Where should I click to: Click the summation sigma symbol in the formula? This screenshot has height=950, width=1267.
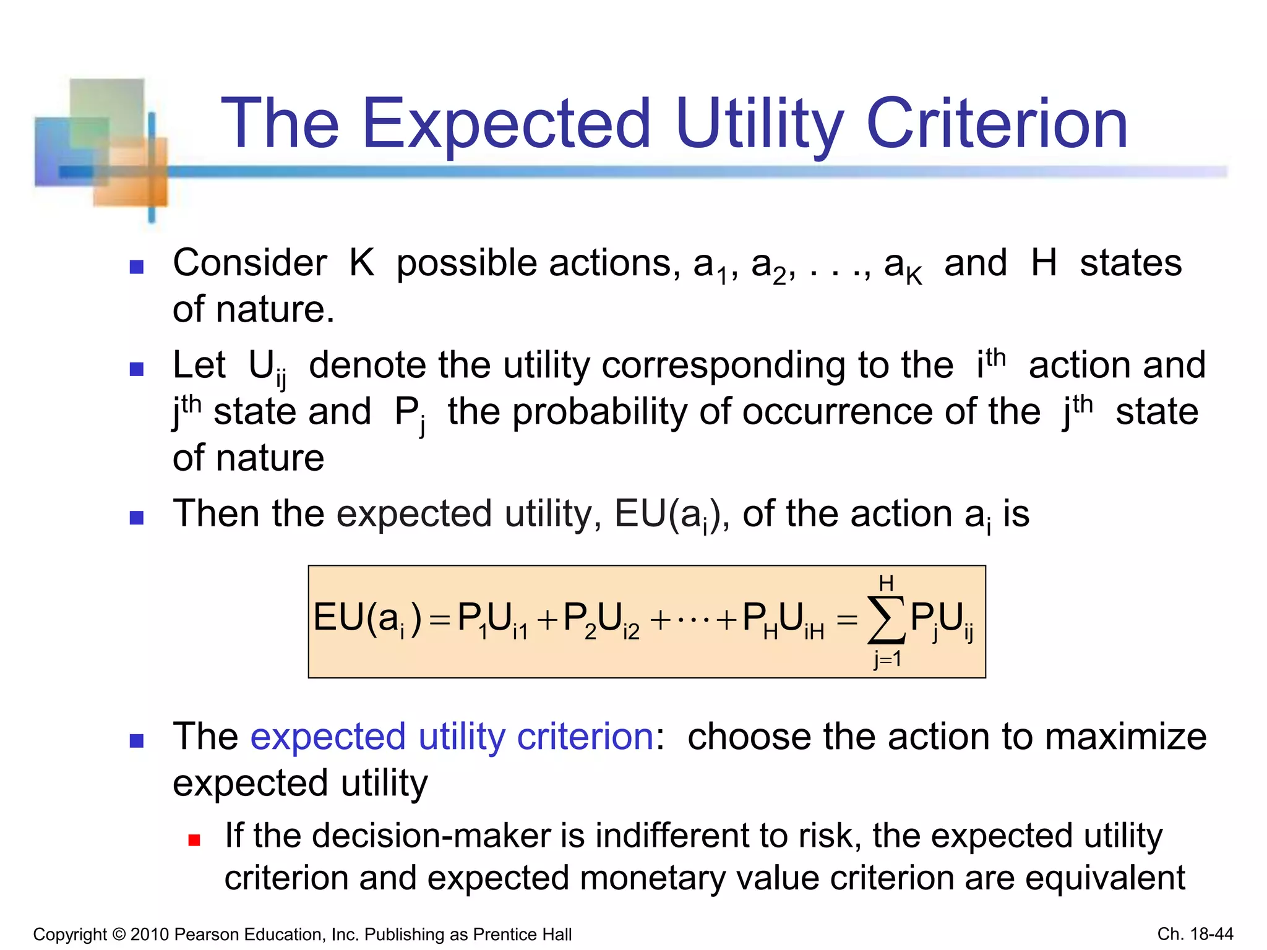(x=886, y=620)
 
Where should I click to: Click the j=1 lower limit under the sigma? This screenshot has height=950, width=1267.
(x=887, y=659)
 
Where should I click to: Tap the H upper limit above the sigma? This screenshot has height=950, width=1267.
(x=886, y=583)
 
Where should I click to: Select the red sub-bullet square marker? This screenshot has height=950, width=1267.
(x=194, y=840)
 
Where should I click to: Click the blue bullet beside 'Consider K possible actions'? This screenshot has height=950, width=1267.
(x=137, y=267)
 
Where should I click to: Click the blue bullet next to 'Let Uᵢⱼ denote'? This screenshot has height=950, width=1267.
(x=137, y=369)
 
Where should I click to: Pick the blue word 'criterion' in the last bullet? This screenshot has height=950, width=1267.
(x=585, y=737)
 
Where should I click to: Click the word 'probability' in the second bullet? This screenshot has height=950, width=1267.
(x=599, y=412)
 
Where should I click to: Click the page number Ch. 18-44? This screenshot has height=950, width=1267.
(x=1195, y=933)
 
